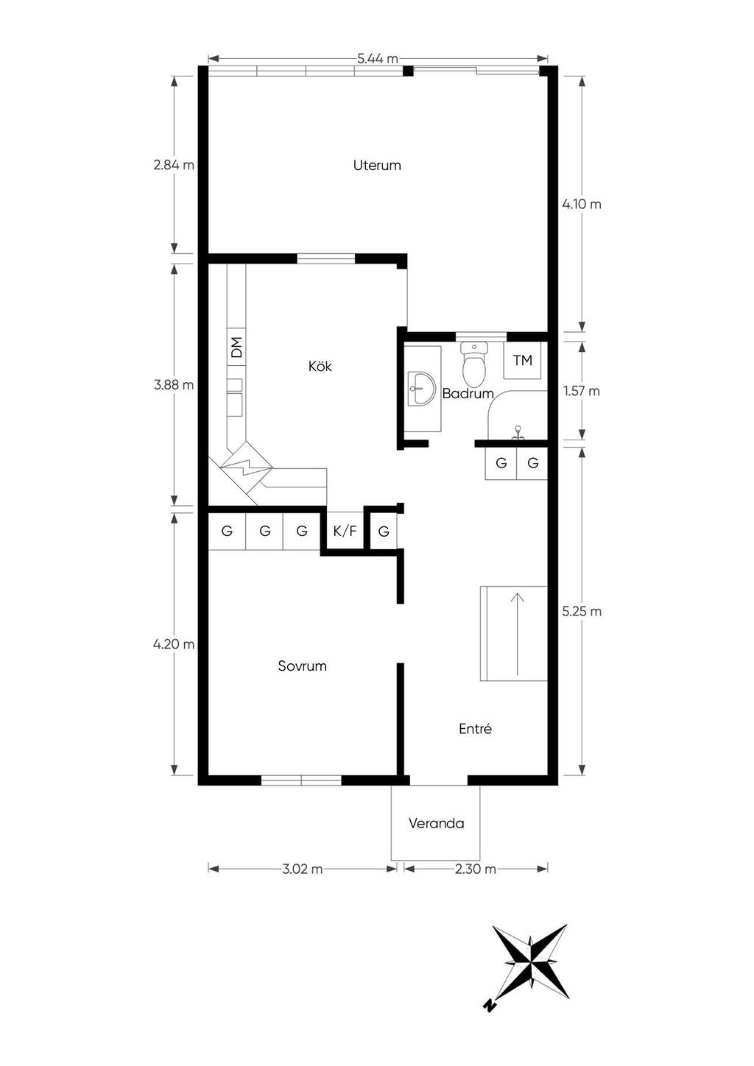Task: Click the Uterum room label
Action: (x=376, y=165)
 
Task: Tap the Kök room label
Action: (x=320, y=366)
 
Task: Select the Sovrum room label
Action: (x=303, y=666)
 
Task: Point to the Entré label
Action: (x=475, y=729)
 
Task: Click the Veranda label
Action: (x=436, y=823)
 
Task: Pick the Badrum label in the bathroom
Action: (x=468, y=394)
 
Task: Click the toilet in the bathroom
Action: (x=474, y=364)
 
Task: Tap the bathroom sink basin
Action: (x=421, y=389)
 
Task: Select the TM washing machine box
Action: (x=522, y=360)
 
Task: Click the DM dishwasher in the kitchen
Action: (x=236, y=347)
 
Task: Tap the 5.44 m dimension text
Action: (x=378, y=59)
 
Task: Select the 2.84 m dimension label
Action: (x=174, y=165)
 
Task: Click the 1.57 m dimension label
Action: (x=582, y=391)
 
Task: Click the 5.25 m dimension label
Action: (x=582, y=611)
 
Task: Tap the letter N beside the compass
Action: (x=489, y=1042)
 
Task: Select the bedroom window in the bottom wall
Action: (x=301, y=780)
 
